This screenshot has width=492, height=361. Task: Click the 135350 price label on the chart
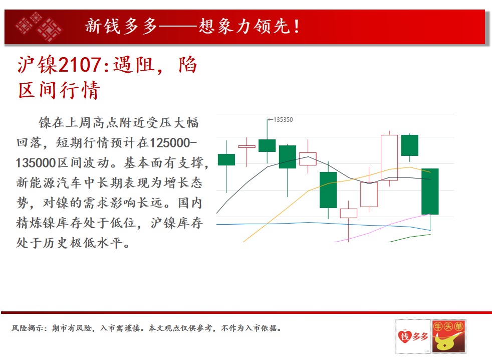283,120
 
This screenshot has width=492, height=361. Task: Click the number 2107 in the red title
80,65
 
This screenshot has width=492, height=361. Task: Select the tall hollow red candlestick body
389,157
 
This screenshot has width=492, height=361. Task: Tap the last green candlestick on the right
430,192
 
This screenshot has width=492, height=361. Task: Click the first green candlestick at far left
226,159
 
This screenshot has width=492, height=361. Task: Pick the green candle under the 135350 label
267,146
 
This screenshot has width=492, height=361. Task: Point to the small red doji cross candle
247,146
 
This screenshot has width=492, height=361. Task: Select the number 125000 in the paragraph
170,143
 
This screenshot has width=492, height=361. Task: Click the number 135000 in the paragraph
36,163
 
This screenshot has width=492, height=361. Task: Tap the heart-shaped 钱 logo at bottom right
404,336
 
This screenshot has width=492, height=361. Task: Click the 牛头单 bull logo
448,336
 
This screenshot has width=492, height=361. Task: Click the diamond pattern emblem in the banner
39,27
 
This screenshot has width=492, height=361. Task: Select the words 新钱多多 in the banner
121,26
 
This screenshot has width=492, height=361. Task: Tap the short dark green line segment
409,238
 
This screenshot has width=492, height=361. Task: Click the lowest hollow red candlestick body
349,213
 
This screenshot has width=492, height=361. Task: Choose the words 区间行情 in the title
59,90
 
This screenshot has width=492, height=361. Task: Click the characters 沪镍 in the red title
38,65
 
